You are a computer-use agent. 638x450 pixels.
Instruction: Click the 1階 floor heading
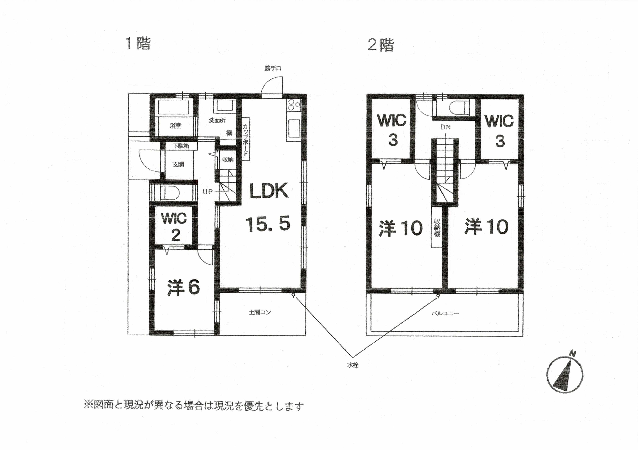coord(138,44)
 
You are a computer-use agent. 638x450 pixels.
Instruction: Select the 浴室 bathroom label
coord(175,126)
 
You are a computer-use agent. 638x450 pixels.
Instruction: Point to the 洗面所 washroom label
coord(217,121)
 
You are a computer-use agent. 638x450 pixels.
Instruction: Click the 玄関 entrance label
coord(178,164)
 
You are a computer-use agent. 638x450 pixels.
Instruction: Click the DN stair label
coord(445,127)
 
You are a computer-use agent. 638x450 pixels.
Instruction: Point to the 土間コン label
coord(259,313)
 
